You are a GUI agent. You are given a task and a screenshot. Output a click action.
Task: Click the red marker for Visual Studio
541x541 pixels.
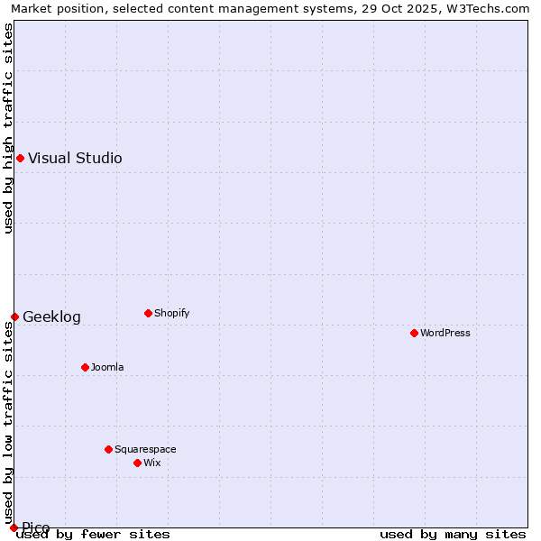click(20, 159)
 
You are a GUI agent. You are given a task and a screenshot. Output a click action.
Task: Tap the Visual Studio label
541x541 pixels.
click(75, 159)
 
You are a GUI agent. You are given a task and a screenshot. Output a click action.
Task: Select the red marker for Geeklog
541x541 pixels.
click(14, 316)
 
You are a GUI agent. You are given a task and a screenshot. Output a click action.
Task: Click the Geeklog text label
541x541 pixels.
click(51, 317)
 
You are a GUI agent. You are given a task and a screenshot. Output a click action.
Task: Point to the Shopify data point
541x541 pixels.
click(148, 313)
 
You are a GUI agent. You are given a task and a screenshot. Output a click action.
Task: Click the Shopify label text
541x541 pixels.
click(171, 314)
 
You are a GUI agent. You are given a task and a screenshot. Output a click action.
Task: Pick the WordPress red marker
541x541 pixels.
click(414, 333)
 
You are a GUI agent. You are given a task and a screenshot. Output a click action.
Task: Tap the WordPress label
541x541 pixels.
click(445, 334)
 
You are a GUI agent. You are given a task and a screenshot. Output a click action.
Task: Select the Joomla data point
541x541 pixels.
click(85, 367)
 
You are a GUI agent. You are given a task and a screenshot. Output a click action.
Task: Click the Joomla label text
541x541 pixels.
click(107, 368)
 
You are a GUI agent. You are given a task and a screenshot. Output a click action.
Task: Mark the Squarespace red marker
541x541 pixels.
click(108, 449)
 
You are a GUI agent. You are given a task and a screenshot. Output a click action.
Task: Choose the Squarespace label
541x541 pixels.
click(145, 450)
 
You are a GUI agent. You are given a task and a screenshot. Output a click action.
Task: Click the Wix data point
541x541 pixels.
click(137, 463)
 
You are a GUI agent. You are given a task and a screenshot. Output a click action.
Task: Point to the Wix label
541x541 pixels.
click(151, 463)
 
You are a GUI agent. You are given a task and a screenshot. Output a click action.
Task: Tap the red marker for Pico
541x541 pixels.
click(14, 527)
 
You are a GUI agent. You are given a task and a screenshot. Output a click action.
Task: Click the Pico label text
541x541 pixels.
click(36, 527)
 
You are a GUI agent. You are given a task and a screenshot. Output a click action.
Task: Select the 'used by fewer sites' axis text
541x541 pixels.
click(93, 535)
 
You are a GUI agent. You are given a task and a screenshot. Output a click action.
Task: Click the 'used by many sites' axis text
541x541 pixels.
click(453, 535)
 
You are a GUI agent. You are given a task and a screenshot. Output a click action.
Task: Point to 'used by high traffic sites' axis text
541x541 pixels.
click(8, 128)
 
